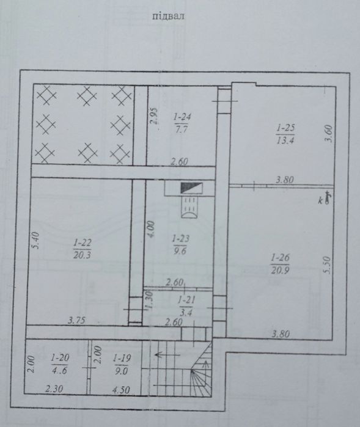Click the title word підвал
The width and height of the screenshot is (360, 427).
(x=168, y=16)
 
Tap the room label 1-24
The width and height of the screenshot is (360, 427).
(x=182, y=117)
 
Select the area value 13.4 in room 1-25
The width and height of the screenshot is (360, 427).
(x=285, y=141)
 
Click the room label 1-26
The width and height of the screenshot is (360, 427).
(x=281, y=257)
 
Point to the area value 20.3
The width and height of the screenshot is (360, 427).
(x=82, y=255)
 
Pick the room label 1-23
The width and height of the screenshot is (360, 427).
(x=180, y=239)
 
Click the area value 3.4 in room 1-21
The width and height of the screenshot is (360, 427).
(x=186, y=312)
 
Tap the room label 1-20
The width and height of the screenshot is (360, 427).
(x=60, y=357)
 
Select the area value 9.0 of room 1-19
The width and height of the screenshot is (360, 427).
(x=122, y=371)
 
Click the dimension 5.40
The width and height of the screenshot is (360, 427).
(x=37, y=240)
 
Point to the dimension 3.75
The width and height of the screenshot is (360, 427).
(x=76, y=320)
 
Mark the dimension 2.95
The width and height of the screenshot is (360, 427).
(x=155, y=116)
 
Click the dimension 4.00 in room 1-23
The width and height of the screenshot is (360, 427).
(x=151, y=229)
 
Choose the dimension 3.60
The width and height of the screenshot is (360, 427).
(x=329, y=133)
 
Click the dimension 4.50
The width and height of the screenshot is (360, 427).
(x=121, y=390)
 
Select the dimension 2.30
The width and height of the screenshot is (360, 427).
(x=54, y=389)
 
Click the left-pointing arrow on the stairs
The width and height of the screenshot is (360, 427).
(x=167, y=354)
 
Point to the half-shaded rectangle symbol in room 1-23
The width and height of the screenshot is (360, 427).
(x=192, y=188)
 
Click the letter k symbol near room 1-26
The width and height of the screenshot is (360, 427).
(x=321, y=201)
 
